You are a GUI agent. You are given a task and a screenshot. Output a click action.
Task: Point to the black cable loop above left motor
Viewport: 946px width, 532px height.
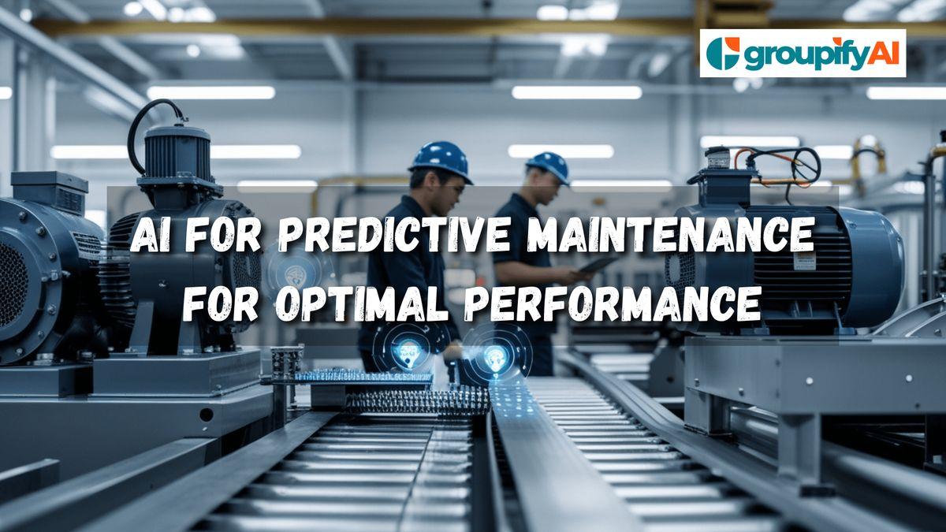pyautogui.click(x=153, y=126)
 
